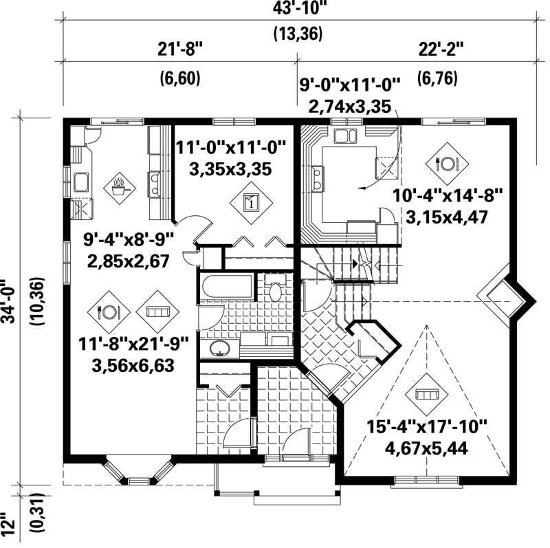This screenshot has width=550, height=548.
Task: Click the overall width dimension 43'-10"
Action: [298, 10]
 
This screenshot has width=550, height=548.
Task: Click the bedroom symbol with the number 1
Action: [251, 202]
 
